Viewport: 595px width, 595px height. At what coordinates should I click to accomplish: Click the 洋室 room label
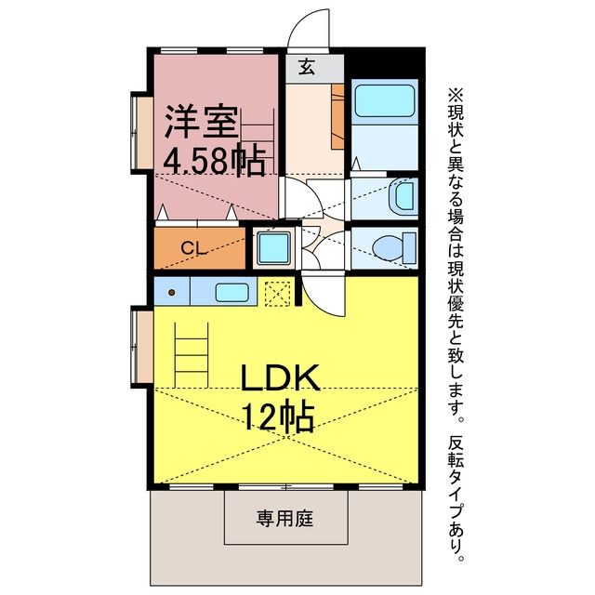202,122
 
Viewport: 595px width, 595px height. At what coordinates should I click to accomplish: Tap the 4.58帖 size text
214,161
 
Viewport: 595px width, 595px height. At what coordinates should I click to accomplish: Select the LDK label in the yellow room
281,377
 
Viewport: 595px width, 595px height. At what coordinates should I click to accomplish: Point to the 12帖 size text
279,416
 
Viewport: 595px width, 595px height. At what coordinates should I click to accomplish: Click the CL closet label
194,248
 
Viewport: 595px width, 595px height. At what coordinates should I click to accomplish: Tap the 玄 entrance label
306,68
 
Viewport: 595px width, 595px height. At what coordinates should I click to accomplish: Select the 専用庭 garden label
284,519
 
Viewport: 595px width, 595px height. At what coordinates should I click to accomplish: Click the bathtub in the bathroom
384,100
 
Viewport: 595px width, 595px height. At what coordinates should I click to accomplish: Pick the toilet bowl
388,248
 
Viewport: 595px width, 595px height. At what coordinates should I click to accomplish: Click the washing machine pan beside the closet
273,248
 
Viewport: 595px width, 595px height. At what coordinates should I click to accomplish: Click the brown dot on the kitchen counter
171,292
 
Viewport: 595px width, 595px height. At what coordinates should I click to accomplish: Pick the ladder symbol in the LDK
192,355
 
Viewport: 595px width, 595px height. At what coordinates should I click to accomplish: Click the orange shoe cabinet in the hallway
337,116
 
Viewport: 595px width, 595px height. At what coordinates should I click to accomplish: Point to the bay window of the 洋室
140,132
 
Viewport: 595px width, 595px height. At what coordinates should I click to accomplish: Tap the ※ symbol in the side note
456,94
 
